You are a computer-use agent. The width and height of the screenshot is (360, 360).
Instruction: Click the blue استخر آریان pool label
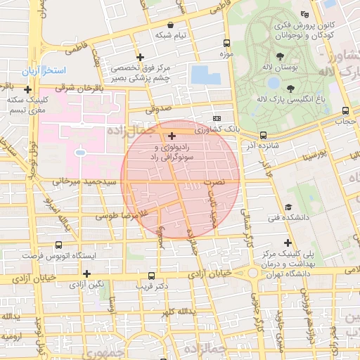click(53, 72)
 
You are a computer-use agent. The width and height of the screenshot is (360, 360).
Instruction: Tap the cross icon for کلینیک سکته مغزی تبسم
click(27, 89)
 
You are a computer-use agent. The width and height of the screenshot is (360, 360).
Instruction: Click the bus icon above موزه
click(226, 42)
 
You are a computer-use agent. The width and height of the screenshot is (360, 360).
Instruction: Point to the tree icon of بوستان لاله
click(281, 56)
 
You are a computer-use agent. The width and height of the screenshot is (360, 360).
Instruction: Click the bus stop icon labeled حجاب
click(345, 110)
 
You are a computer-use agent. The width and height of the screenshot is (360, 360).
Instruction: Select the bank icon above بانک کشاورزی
click(217, 118)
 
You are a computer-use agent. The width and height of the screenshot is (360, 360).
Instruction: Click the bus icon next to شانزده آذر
click(263, 134)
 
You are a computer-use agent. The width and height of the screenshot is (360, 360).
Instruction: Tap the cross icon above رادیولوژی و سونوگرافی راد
click(172, 134)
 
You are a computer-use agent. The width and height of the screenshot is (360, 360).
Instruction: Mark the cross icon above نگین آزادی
click(86, 274)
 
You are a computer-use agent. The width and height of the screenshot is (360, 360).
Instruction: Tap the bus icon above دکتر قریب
click(151, 276)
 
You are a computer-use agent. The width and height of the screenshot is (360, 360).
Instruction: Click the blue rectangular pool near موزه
click(205, 75)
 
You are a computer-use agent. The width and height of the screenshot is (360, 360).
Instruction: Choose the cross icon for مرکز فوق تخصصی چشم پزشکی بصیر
click(140, 57)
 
